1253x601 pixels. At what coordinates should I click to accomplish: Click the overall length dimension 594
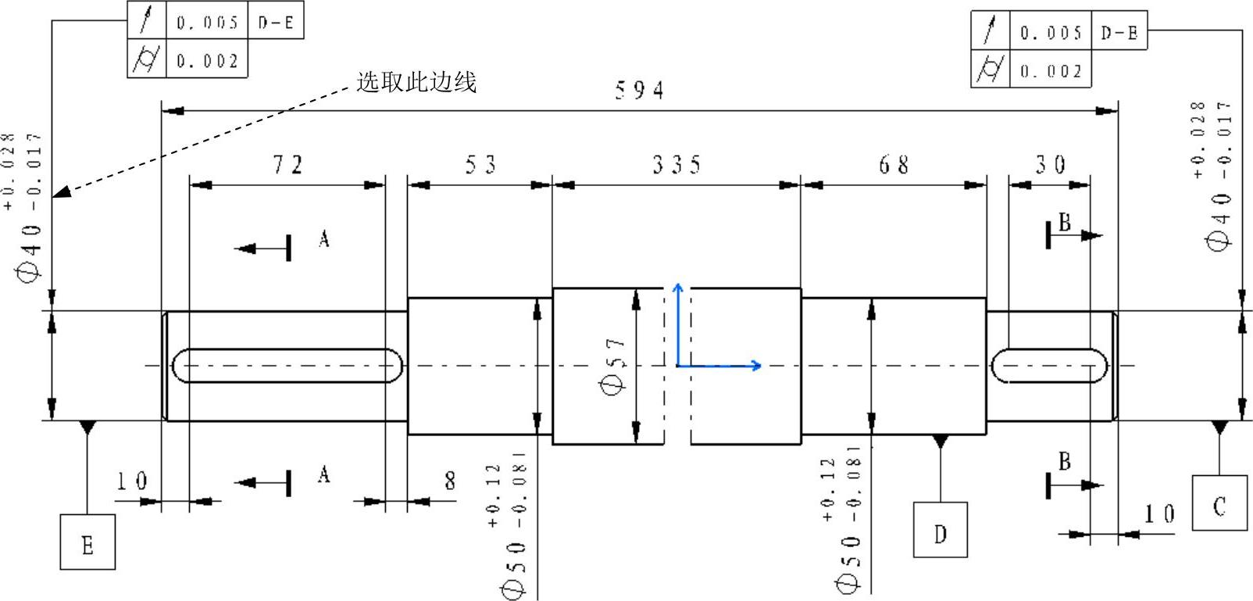(639, 91)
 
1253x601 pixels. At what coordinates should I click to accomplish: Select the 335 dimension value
(676, 165)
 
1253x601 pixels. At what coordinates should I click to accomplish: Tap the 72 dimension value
(287, 165)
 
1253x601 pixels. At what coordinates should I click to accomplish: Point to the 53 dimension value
(480, 165)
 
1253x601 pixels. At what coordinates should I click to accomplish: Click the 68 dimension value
(894, 165)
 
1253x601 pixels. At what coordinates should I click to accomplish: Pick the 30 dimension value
(1051, 165)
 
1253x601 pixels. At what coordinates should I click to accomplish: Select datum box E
(87, 542)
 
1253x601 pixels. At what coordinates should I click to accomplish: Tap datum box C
(1219, 504)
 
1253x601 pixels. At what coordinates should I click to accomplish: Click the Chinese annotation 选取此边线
(416, 82)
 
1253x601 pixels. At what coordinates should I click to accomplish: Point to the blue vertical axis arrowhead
(678, 288)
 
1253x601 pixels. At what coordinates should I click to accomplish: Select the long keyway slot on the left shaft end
(287, 366)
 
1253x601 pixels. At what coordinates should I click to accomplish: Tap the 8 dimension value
(450, 481)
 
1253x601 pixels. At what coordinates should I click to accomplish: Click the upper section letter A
(324, 238)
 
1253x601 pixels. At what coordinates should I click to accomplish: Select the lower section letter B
(1064, 462)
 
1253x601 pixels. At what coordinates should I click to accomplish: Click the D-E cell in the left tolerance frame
(276, 23)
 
